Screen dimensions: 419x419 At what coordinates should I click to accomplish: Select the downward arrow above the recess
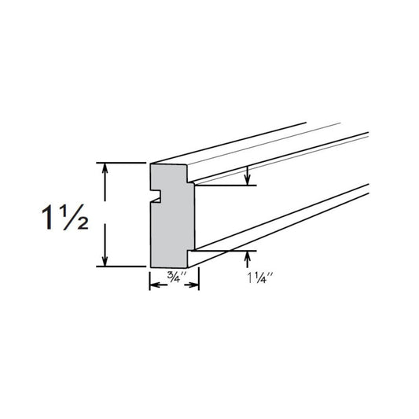pos(248,180)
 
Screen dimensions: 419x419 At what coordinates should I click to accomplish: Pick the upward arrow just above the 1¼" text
pos(248,255)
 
